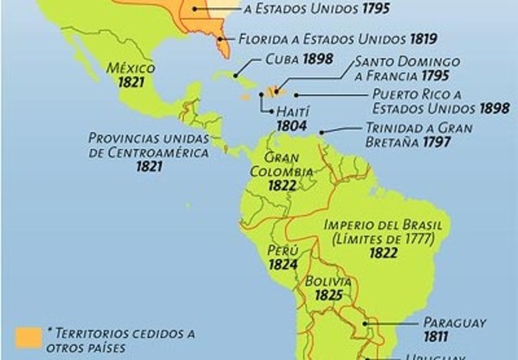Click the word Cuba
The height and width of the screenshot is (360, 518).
[x=279, y=59]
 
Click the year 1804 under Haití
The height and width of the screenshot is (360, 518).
[x=289, y=127]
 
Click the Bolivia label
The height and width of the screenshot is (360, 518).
[x=329, y=281]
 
